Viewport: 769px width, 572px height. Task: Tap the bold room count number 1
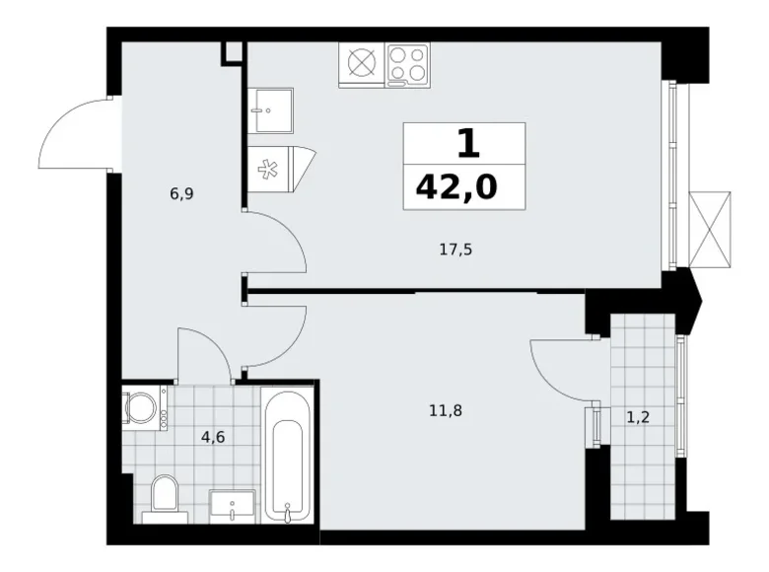[466, 144]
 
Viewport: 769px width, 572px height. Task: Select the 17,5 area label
[456, 250]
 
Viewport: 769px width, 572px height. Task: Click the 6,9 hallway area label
[180, 194]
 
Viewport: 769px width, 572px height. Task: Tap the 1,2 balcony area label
[638, 416]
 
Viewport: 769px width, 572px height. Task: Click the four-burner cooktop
[408, 64]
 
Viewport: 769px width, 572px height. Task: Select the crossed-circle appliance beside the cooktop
[363, 64]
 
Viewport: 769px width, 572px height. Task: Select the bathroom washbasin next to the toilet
[233, 505]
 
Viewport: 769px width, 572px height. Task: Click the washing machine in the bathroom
[144, 408]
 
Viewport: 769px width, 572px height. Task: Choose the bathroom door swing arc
[205, 350]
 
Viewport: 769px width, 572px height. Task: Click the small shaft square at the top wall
[233, 51]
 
